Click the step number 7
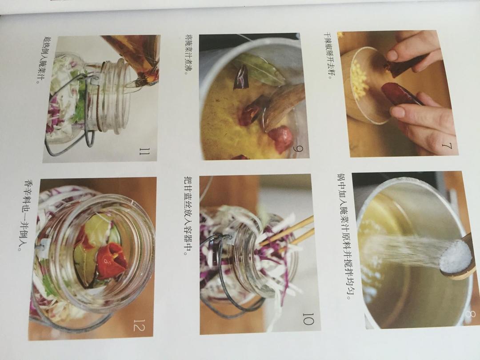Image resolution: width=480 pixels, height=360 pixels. pos(447,147)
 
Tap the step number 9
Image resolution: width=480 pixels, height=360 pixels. pos(297,149)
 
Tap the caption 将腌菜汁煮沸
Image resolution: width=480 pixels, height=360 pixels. pos(190,55)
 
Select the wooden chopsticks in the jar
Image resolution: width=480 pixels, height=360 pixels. pos(286,232)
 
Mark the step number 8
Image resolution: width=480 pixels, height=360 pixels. pos(471,315)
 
